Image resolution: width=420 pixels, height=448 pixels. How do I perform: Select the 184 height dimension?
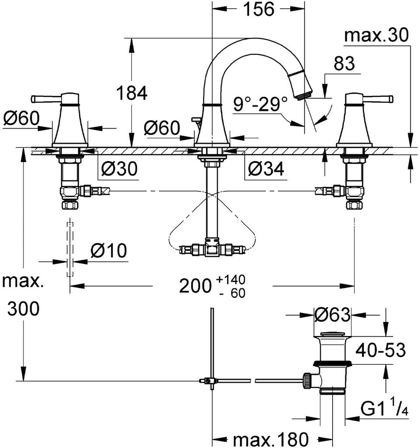click(x=132, y=93)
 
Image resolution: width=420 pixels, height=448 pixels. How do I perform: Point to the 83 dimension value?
click(x=344, y=64)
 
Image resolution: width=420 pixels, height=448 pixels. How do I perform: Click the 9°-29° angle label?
click(x=260, y=104)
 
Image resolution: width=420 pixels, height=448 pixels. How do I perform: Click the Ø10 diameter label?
click(x=108, y=251)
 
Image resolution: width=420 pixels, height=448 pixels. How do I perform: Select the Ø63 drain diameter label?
click(x=332, y=315)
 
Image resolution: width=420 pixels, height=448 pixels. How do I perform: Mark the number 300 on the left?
click(x=24, y=310)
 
